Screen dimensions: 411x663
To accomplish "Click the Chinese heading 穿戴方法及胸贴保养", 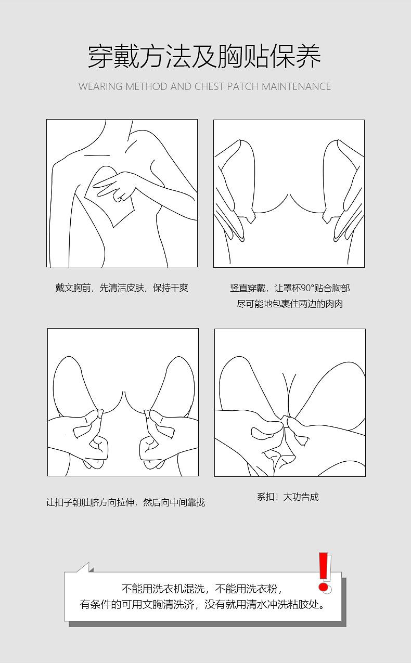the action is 204,56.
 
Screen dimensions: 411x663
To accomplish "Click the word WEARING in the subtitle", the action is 100,86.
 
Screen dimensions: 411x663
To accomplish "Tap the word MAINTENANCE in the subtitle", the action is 297,86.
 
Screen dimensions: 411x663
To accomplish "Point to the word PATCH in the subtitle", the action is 243,86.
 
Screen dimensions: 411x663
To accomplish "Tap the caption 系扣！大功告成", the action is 288,497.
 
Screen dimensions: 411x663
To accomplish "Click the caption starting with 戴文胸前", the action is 122,288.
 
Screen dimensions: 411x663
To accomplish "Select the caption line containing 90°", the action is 290,288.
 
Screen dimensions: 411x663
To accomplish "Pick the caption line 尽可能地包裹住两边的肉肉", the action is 290,304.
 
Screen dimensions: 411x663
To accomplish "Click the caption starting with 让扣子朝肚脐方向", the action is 125,502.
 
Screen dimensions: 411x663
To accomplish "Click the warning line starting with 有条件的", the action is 203,605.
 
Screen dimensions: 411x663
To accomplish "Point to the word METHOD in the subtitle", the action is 146,86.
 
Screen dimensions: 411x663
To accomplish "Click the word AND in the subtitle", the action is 181,86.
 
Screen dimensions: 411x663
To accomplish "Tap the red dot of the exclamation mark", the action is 323,587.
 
